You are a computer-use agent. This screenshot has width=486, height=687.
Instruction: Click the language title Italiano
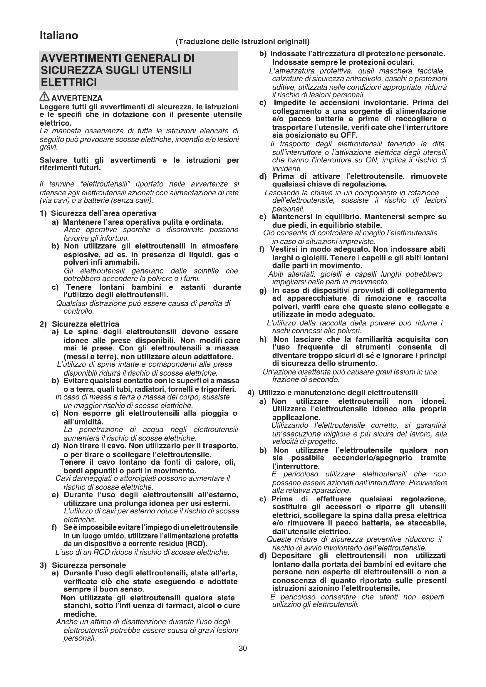[x=59, y=36]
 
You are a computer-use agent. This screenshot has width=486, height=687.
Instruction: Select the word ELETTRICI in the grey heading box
[x=69, y=82]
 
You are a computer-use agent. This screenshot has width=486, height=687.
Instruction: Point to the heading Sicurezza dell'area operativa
[x=103, y=213]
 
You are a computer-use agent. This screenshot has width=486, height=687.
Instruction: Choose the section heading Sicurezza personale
[x=89, y=565]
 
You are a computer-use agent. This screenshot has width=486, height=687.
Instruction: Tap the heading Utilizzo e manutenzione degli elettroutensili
[x=338, y=393]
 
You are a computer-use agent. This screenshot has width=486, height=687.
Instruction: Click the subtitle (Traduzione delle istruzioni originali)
[x=242, y=42]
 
